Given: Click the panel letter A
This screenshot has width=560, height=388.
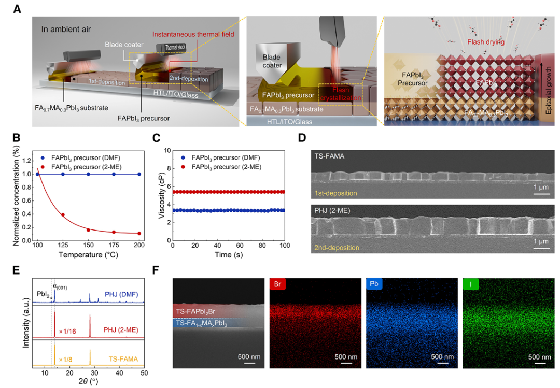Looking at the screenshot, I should (17, 9).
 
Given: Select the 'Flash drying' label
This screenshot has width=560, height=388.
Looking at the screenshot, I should (486, 42).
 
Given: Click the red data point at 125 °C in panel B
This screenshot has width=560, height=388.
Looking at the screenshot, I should (63, 214).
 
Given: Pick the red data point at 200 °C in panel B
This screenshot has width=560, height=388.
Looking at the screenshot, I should (139, 233).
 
